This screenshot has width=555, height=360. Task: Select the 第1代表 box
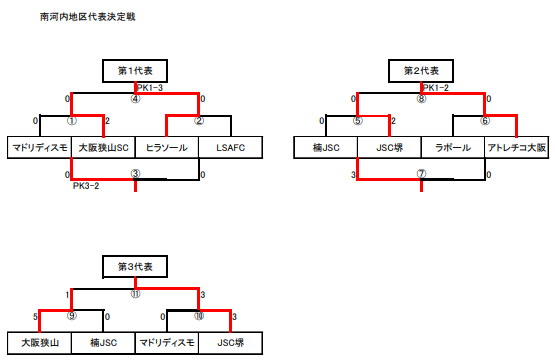click(135, 71)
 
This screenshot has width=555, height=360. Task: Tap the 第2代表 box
click(421, 71)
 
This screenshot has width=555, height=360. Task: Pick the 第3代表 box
click(135, 267)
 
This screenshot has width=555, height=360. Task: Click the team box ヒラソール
click(167, 148)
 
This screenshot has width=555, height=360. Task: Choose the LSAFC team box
click(231, 148)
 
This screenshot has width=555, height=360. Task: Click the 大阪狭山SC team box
click(103, 148)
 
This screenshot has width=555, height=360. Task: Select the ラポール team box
click(453, 148)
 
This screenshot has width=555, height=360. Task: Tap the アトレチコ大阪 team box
click(517, 148)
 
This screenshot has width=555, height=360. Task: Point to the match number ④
click(135, 99)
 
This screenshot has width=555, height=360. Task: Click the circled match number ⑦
click(421, 172)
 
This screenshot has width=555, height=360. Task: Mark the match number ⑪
click(135, 295)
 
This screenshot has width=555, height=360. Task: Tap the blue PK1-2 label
click(435, 88)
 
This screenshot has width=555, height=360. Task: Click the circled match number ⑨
click(71, 317)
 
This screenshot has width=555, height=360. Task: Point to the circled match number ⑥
click(485, 121)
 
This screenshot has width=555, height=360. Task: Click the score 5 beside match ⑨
click(35, 317)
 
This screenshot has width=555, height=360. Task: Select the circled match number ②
click(199, 121)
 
